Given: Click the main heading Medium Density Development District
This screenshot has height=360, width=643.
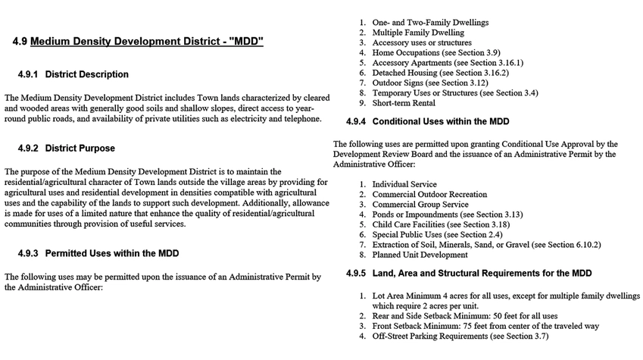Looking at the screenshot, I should point(147,41).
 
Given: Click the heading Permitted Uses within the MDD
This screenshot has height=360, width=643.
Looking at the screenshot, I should point(112,252).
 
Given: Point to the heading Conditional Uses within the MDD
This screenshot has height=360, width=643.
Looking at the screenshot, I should point(440,121).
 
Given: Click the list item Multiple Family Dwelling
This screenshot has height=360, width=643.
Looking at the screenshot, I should point(418,33).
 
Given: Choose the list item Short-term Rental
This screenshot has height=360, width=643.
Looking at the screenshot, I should point(404,103).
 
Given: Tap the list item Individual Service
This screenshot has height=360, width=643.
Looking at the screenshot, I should point(404,184).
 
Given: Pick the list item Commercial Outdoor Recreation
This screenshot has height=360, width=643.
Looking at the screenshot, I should point(429,195).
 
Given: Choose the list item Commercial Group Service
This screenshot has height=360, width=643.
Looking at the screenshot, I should point(420,205).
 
